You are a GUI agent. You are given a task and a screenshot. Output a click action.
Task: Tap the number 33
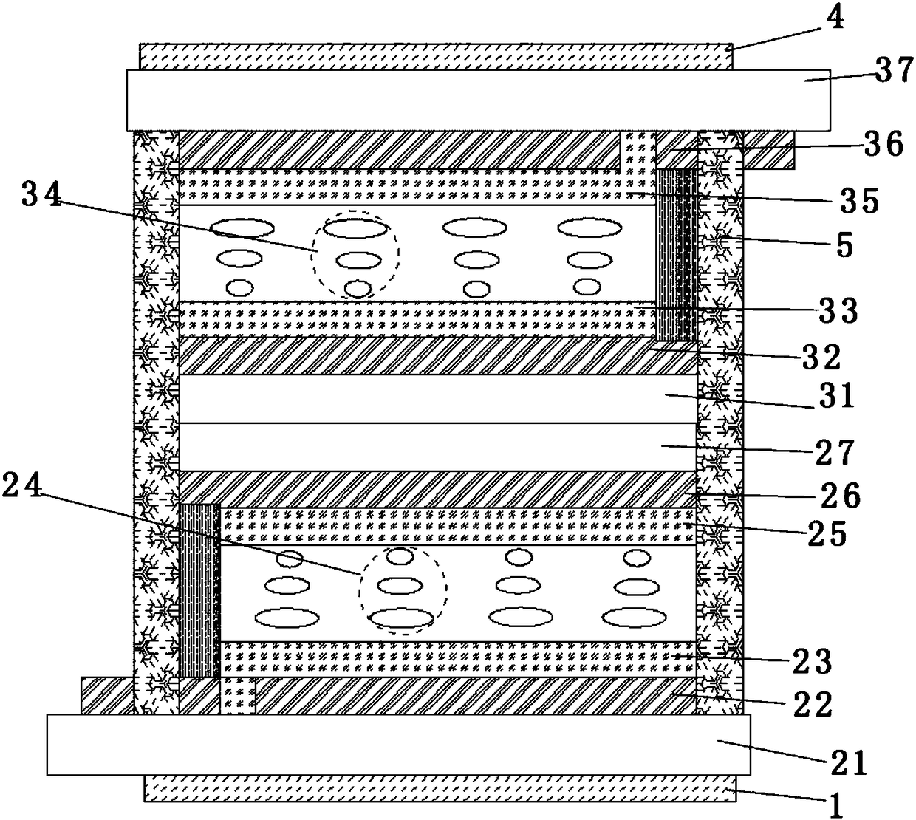point(837,311)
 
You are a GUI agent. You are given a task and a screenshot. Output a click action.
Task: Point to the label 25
point(826,533)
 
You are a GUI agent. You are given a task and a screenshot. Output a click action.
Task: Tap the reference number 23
point(810,661)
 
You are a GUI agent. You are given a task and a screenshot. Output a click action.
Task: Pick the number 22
point(810,704)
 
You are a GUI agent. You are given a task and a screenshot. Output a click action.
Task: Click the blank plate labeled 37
point(473,100)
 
